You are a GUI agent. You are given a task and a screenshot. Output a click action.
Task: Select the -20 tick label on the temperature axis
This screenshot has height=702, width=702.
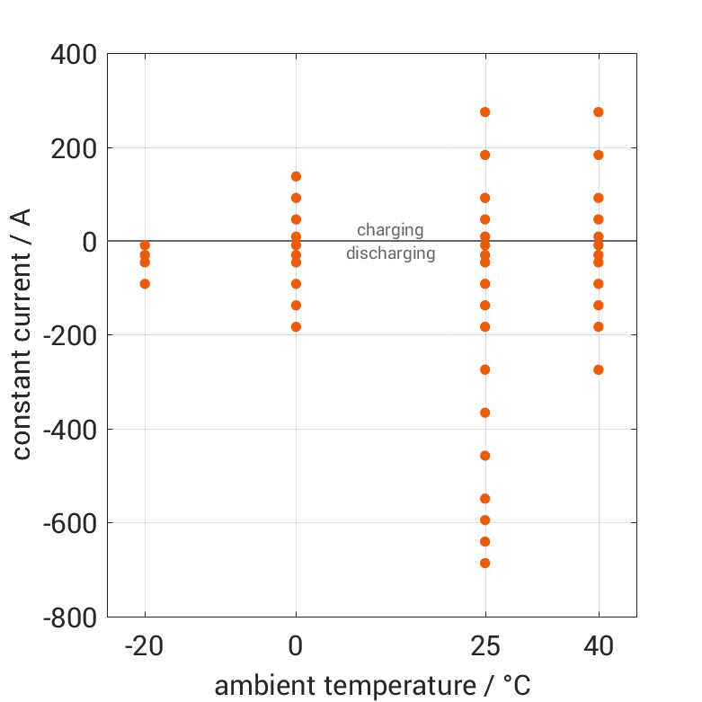145,645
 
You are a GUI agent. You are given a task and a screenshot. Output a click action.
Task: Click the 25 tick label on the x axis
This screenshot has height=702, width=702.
485,645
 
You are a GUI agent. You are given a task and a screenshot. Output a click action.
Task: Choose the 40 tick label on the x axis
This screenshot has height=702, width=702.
599,645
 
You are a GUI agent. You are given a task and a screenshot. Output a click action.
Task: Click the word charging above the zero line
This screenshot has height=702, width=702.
390,230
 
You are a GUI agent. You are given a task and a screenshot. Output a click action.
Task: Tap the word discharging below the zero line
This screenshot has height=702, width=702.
390,253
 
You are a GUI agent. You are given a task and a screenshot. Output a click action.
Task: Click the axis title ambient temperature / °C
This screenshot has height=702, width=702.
372,685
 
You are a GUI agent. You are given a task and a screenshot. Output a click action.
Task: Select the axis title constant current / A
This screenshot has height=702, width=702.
22,334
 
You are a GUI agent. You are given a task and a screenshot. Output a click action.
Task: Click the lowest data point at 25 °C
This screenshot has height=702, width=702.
485,563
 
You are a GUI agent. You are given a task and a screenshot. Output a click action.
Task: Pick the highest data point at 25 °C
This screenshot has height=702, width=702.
485,112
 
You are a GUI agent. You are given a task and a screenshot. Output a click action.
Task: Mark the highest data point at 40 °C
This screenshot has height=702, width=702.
599,112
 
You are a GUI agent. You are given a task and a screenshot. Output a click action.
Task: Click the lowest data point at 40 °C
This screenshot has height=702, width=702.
599,369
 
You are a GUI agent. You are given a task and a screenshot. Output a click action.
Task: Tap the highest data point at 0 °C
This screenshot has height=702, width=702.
296,176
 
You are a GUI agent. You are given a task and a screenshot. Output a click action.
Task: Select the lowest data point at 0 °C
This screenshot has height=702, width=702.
296,326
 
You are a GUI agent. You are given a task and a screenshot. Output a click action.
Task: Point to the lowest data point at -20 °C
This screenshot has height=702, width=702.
145,284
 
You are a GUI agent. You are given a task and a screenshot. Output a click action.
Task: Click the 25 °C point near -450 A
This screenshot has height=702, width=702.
485,456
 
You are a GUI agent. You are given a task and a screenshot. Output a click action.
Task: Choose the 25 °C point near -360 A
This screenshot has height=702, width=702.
485,413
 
